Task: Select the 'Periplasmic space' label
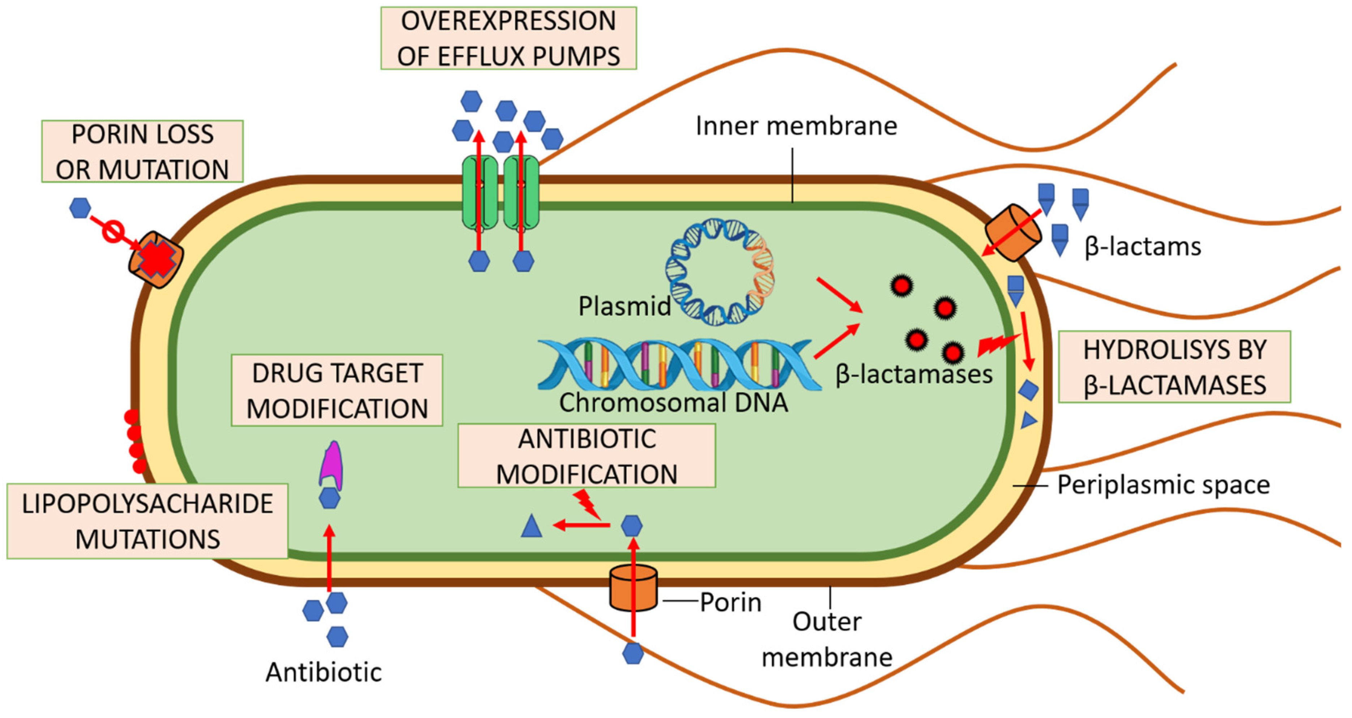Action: pyautogui.click(x=1163, y=485)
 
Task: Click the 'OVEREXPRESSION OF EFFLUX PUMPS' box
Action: pyautogui.click(x=508, y=38)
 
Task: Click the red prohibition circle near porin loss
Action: pyautogui.click(x=113, y=231)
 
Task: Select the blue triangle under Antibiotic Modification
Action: pyautogui.click(x=531, y=526)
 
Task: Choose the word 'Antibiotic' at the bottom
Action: pyautogui.click(x=323, y=673)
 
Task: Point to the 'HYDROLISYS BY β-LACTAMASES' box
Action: pyautogui.click(x=1174, y=367)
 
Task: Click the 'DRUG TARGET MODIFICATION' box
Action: pyautogui.click(x=337, y=390)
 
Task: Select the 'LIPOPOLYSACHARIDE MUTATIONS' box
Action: pyautogui.click(x=148, y=521)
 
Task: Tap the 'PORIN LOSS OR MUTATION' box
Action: pyautogui.click(x=142, y=152)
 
